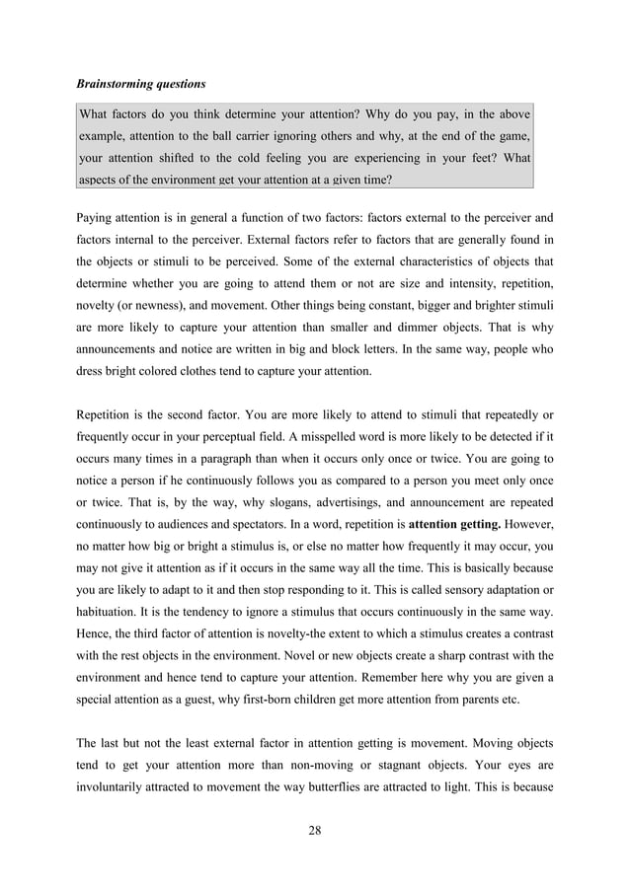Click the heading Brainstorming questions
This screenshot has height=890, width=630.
tap(141, 83)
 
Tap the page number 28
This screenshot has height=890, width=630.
tap(315, 829)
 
